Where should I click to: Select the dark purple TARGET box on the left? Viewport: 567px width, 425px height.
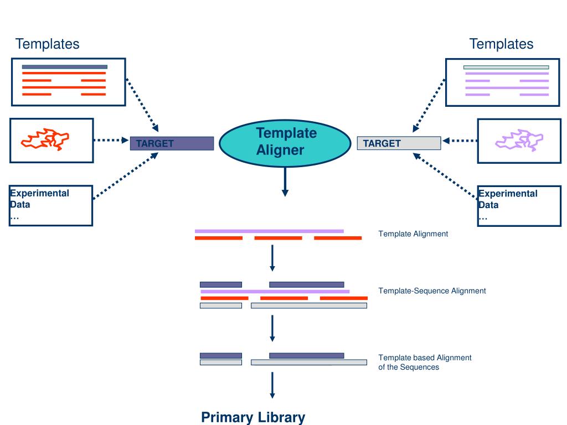click(172, 143)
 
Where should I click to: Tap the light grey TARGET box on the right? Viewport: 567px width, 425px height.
click(399, 143)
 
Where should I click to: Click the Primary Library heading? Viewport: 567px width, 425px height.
click(253, 417)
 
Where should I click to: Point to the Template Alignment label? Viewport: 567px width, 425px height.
click(413, 234)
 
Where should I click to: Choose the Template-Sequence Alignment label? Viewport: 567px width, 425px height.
click(432, 291)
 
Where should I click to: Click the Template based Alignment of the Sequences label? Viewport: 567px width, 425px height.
click(425, 362)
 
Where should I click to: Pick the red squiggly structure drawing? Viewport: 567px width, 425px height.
click(45, 139)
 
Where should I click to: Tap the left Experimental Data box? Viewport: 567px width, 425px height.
click(51, 205)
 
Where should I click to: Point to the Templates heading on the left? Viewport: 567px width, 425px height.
click(47, 44)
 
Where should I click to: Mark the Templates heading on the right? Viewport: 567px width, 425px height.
click(501, 44)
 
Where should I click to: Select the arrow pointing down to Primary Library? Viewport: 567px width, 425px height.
click(272, 385)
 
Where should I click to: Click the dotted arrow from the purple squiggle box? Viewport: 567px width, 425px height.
click(460, 141)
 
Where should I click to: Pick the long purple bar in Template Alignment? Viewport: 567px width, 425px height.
click(269, 231)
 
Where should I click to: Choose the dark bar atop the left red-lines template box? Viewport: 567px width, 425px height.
click(64, 67)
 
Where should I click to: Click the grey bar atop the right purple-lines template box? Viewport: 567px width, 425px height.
click(506, 67)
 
